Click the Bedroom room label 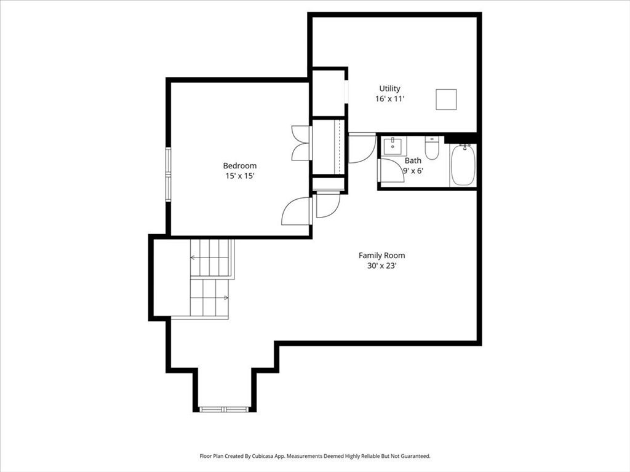[x=240, y=166]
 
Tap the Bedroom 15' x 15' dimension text [x=241, y=176]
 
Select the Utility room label [x=389, y=88]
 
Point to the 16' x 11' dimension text [x=389, y=99]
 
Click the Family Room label [x=381, y=255]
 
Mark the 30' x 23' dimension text [x=381, y=265]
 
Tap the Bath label [x=413, y=160]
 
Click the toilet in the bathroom [x=432, y=148]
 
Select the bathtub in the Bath [x=463, y=165]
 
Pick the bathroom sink [x=393, y=146]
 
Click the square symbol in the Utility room [x=447, y=99]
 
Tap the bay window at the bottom [x=225, y=409]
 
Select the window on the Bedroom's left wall [x=169, y=174]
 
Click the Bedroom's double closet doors [x=301, y=143]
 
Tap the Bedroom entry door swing [x=297, y=211]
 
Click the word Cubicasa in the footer [x=263, y=457]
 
